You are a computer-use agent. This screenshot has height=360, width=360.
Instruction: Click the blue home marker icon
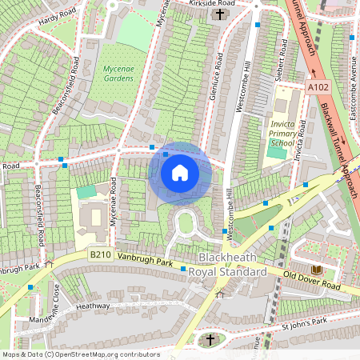180,172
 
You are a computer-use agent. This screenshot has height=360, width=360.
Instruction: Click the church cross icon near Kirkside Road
221,14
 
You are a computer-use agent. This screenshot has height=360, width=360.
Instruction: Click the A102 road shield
318,86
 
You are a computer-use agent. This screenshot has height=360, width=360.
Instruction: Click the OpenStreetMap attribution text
80,354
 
